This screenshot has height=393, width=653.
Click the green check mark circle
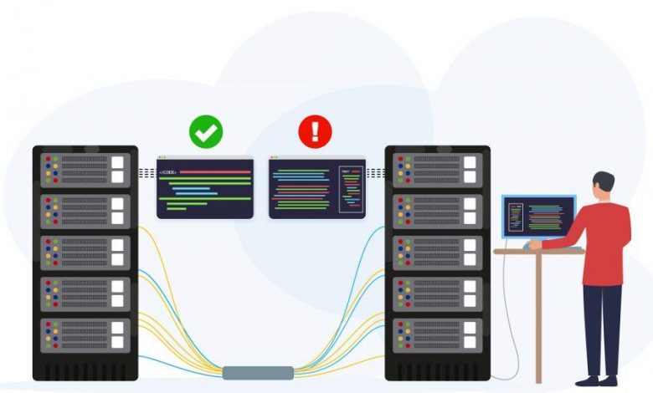205,131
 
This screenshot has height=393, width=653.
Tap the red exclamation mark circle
316,131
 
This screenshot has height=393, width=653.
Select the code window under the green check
205,187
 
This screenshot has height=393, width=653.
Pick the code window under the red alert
316,187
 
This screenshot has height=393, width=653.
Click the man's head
603,185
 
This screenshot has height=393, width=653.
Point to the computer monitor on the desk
538,217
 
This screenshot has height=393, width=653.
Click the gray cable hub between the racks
258,372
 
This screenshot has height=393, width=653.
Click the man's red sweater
604,242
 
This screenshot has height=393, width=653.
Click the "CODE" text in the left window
168,172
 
